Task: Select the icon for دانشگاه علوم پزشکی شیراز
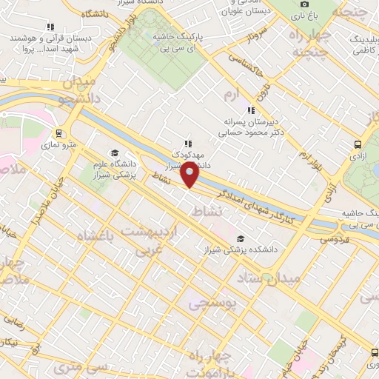click(x=114, y=152)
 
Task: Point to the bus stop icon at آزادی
click(x=358, y=145)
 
